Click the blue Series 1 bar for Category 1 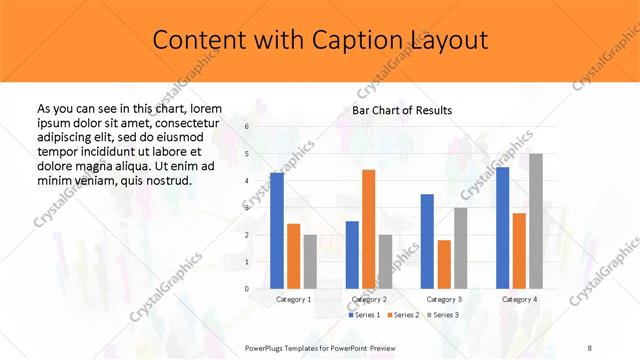point(277,231)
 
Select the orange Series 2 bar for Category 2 point(368,229)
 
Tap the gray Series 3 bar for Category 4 point(536,221)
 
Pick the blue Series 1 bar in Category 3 point(427,241)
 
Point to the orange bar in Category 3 point(444,264)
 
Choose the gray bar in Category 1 point(310,262)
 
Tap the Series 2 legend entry point(404,315)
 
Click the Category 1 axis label point(294,299)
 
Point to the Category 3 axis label point(444,299)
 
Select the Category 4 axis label point(519,299)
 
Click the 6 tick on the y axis point(246,127)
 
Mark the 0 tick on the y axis point(246,289)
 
